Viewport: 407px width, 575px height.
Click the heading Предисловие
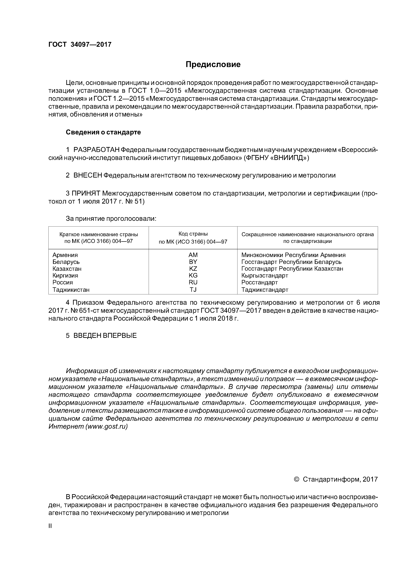click(x=213, y=65)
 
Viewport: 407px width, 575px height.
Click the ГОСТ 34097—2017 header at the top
click(x=80, y=45)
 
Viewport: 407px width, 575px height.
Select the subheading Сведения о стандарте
click(x=103, y=132)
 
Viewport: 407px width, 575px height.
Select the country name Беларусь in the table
click(x=66, y=262)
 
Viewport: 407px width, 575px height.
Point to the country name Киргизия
click(x=65, y=276)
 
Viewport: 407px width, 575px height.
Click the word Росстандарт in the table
click(x=260, y=282)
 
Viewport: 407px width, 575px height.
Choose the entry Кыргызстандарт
click(x=265, y=276)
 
